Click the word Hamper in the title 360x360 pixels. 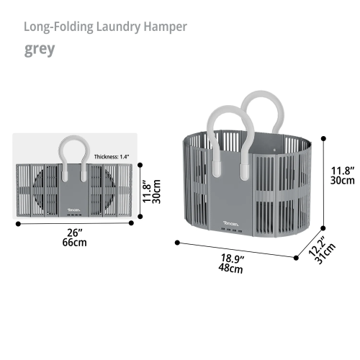pos(165,27)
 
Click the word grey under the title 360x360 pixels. pos(40,50)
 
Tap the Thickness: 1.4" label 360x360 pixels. pos(112,157)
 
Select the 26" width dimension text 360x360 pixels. pos(75,233)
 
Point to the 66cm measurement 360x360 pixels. pos(74,243)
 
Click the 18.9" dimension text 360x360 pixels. pos(233,258)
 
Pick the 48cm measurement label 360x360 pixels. pos(230,268)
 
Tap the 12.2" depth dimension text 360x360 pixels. pos(317,246)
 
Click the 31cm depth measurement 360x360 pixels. pos(325,253)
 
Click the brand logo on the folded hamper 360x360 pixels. pos(73,210)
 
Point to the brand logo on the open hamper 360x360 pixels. pos(231,224)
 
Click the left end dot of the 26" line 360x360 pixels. pos(18,224)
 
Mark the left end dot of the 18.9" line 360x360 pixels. pos(177,243)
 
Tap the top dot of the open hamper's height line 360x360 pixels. pos(323,138)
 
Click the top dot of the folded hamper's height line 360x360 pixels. pos(140,165)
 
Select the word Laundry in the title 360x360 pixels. pos(118,27)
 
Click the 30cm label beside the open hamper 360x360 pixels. pos(343,181)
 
